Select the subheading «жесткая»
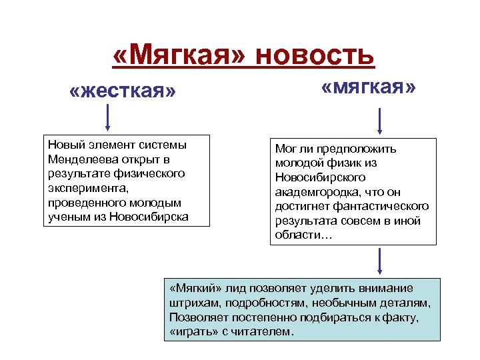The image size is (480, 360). pos(123,91)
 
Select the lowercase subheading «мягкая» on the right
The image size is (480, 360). pos(368,87)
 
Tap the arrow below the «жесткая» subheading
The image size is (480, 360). pos(107,119)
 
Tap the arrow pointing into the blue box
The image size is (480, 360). pos(379,261)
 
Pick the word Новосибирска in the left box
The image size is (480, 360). pos(150,217)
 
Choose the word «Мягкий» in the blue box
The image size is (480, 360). pos(197,289)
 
